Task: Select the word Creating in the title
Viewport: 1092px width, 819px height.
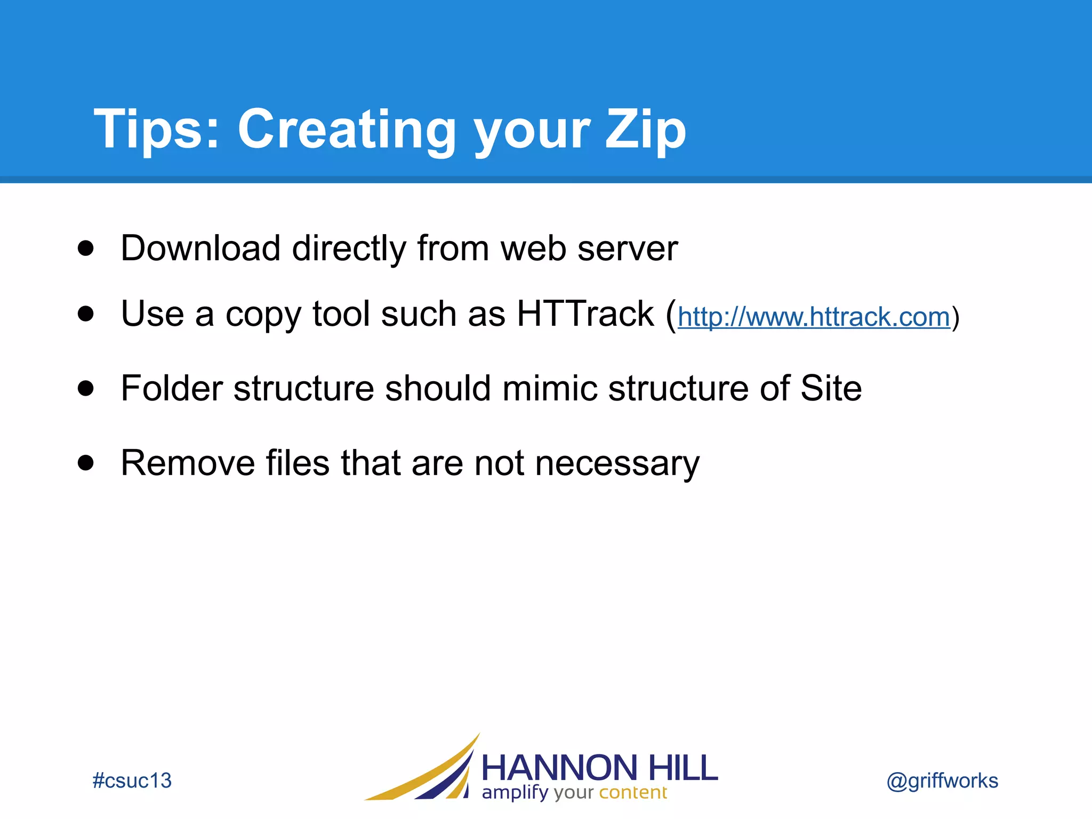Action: pos(347,130)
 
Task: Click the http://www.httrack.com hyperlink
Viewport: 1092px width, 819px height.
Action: pos(814,317)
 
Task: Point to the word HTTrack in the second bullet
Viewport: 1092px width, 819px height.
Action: pos(585,314)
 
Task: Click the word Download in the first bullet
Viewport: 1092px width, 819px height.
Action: pos(200,248)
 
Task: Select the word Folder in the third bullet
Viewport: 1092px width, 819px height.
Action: pos(171,388)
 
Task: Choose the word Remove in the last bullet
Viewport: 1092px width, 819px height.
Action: pos(188,463)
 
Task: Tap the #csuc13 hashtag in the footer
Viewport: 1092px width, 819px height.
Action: pos(132,781)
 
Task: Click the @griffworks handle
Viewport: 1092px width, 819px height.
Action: pos(942,781)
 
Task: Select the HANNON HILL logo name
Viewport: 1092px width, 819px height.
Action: pos(599,768)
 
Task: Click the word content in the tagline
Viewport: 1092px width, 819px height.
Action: pos(633,792)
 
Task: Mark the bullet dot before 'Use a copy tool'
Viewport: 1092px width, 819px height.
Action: pos(85,314)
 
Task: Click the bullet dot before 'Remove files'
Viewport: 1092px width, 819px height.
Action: pos(85,462)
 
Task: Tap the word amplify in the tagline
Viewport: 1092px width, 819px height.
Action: pos(515,793)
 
